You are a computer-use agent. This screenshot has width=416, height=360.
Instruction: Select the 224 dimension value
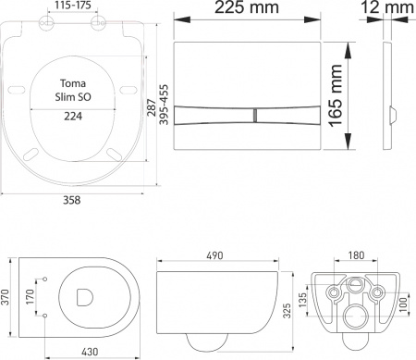[x=75, y=116]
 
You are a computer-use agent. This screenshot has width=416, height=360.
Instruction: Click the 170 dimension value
[x=31, y=299]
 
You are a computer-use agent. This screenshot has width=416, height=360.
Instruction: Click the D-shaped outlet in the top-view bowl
[x=86, y=299]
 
